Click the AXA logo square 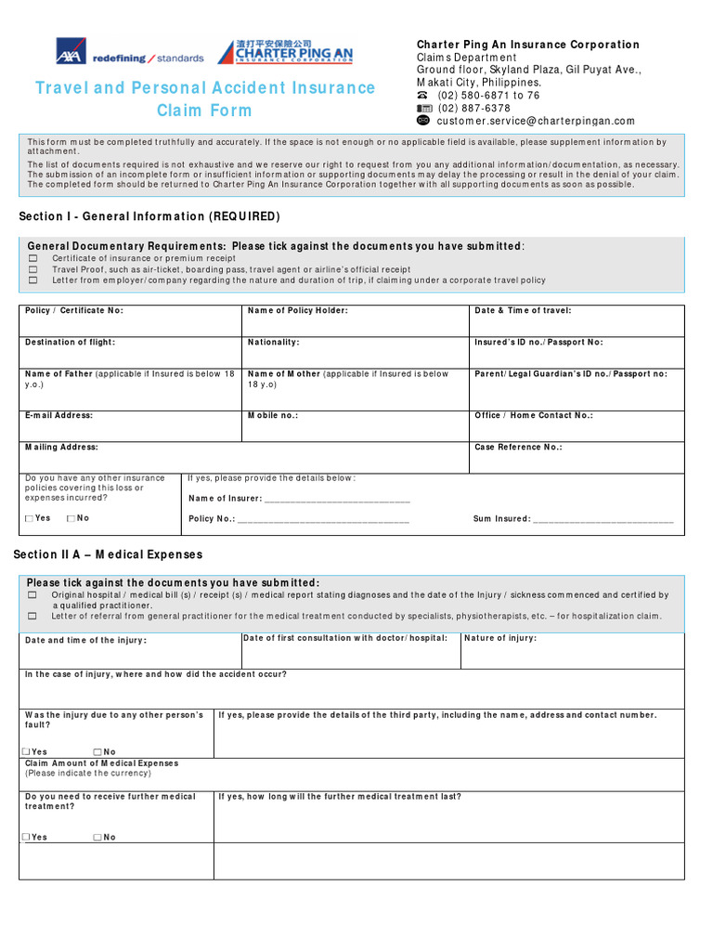click(71, 52)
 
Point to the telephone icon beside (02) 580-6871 click(423, 96)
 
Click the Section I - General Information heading click(149, 216)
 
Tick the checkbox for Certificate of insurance click(33, 258)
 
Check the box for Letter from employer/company click(33, 280)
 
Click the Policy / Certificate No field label click(73, 311)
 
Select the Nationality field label click(273, 343)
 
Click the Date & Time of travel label click(523, 311)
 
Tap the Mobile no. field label click(272, 416)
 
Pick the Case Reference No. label click(518, 448)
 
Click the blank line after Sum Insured click(603, 520)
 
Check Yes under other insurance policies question click(29, 519)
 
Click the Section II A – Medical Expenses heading click(108, 554)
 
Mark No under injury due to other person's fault click(97, 752)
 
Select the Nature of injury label click(499, 639)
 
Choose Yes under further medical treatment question click(25, 838)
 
